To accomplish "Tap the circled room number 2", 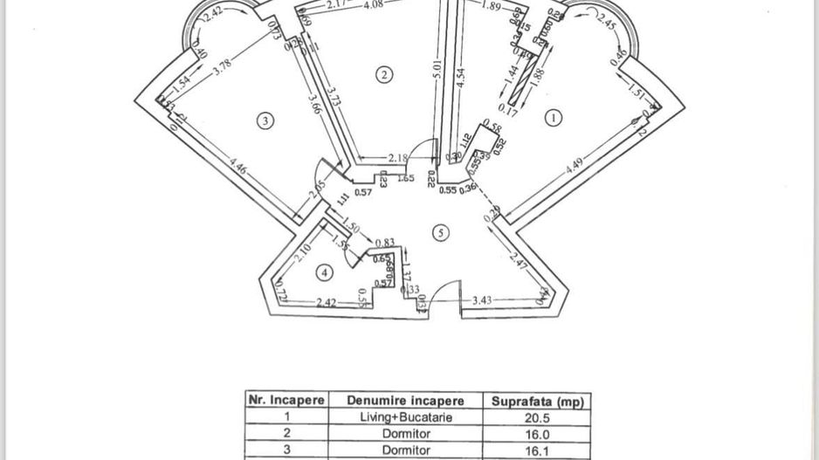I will (x=383, y=74).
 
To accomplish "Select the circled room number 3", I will (x=266, y=121).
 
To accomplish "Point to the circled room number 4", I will (x=325, y=273).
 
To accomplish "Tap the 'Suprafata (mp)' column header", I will (x=537, y=401).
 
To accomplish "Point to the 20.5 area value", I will (x=537, y=417).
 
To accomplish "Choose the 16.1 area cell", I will (x=537, y=450).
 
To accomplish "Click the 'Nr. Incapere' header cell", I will (x=286, y=401).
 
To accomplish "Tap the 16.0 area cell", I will (x=537, y=434).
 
